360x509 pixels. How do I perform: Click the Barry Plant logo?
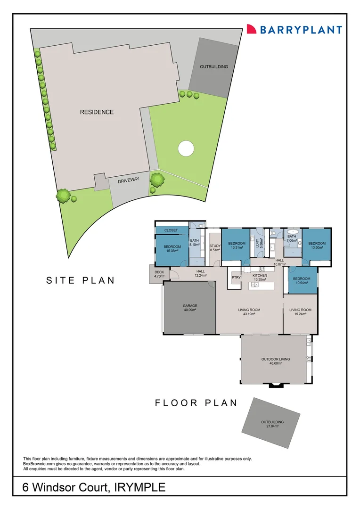click(x=294, y=30)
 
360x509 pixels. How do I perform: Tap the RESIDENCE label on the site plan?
click(x=97, y=112)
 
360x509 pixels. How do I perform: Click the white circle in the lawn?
click(x=186, y=148)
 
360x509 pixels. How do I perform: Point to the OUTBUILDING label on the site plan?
click(x=213, y=67)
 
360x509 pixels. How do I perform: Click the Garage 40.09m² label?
click(x=190, y=308)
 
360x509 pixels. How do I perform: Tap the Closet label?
click(x=171, y=230)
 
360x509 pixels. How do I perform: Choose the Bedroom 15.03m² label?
click(x=172, y=249)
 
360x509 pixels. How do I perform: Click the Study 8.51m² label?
click(x=215, y=248)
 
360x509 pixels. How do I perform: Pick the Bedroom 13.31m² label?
click(x=237, y=246)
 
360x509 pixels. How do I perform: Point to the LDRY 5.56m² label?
click(x=259, y=243)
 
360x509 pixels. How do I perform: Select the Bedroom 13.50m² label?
click(x=317, y=246)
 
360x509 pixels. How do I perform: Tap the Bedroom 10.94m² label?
click(x=301, y=281)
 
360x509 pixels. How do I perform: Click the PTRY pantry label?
click(x=236, y=278)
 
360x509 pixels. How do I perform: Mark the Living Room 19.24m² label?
click(x=300, y=312)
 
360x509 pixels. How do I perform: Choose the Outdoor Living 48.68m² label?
click(x=276, y=361)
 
